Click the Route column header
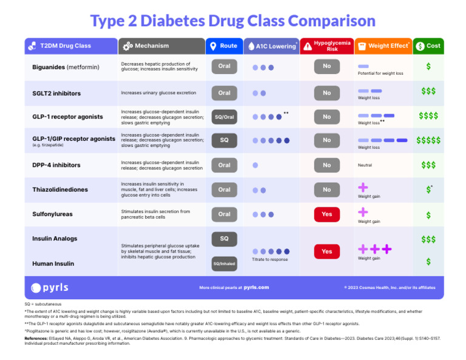pyautogui.click(x=224, y=46)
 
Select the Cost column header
pyautogui.click(x=428, y=46)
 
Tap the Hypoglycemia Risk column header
pyautogui.click(x=326, y=46)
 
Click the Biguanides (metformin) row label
pyautogui.click(x=66, y=67)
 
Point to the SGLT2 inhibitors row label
pyautogui.click(x=56, y=93)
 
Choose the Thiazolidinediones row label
pyautogui.click(x=60, y=189)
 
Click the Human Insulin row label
pyautogui.click(x=53, y=263)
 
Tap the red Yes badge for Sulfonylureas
pyautogui.click(x=326, y=214)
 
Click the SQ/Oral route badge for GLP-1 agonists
pyautogui.click(x=224, y=117)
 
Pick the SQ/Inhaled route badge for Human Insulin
pyautogui.click(x=224, y=263)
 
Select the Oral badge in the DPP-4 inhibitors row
pyautogui.click(x=224, y=165)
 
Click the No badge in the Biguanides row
pyautogui.click(x=326, y=66)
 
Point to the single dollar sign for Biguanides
pyautogui.click(x=428, y=66)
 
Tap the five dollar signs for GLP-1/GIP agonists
pyautogui.click(x=428, y=140)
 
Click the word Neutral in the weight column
pyautogui.click(x=365, y=165)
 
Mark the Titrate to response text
pyautogui.click(x=270, y=259)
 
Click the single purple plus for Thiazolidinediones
pyautogui.click(x=363, y=188)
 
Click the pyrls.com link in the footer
pyautogui.click(x=256, y=287)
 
